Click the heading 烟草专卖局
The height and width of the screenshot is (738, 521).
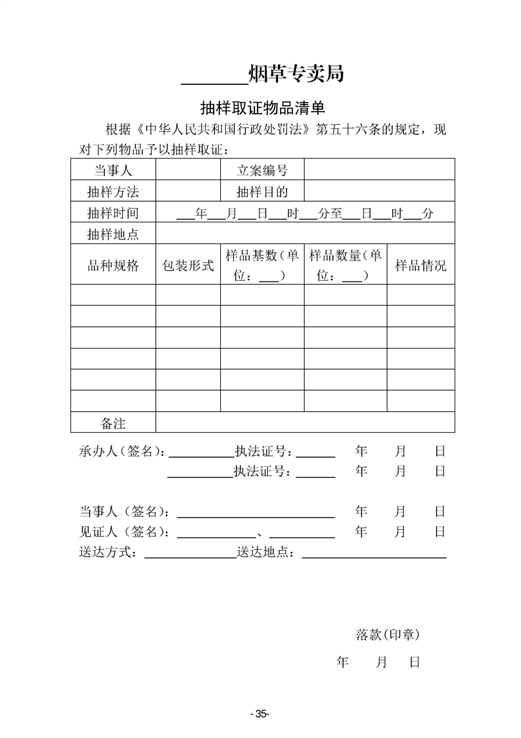296,74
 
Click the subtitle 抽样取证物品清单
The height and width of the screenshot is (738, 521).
263,108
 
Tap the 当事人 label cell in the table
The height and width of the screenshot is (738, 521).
113,170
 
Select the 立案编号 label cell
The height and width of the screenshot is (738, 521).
262,170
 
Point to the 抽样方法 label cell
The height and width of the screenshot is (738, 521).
113,191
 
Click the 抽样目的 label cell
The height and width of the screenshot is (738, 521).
262,191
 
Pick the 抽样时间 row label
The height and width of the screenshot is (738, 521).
113,213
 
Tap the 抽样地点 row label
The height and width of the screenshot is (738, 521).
113,234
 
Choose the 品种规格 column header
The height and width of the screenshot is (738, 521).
113,266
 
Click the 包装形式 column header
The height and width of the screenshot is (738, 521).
188,266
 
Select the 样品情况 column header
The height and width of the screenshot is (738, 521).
420,266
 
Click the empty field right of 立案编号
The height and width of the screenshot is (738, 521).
379,170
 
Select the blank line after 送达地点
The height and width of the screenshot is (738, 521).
374,555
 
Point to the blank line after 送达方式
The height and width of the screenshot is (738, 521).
190,555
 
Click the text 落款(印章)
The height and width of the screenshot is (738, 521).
388,635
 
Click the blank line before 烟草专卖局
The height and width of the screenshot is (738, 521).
214,79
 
